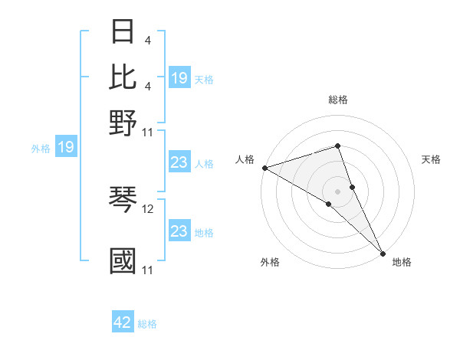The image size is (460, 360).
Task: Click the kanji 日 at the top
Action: point(123,33)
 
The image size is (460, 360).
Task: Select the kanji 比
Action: point(123,77)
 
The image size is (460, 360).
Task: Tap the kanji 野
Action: point(123,122)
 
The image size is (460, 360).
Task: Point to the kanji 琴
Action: point(123,201)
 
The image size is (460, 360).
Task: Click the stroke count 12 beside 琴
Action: point(148,208)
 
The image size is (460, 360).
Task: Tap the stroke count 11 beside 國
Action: point(147,270)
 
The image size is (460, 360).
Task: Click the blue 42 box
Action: point(123,323)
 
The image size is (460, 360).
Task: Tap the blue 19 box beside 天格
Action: point(179,78)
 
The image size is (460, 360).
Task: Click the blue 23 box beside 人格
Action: point(179,162)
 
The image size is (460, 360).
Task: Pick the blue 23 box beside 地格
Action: point(179,231)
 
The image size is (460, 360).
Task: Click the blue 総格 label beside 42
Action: point(147,324)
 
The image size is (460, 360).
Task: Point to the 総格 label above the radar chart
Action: point(337,100)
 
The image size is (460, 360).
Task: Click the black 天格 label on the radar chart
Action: point(431,159)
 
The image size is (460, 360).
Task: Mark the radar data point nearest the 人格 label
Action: point(264,168)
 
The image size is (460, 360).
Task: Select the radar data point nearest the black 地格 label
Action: point(383,252)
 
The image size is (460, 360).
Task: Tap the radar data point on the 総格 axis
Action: point(337,146)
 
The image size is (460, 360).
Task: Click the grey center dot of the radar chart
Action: point(337,191)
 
